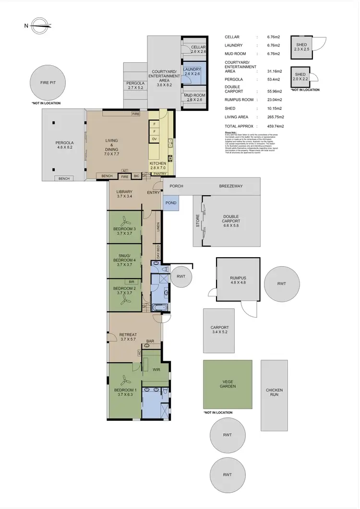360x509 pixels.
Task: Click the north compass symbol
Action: [x=42, y=26]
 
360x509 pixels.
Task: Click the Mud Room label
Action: [x=194, y=97]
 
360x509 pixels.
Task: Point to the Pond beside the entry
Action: [x=171, y=203]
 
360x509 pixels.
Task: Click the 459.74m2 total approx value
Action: [x=270, y=126]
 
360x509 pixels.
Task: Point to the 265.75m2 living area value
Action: [x=270, y=117]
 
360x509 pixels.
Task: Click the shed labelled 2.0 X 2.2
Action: [x=300, y=77]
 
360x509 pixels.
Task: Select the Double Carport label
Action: [x=231, y=219]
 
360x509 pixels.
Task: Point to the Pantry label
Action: [x=153, y=174]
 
